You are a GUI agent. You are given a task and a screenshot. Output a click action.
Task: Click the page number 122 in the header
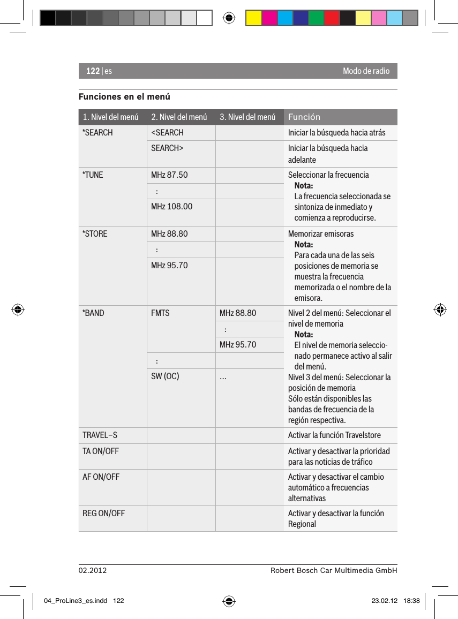coord(93,71)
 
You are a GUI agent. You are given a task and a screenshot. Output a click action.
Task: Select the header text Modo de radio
coord(366,71)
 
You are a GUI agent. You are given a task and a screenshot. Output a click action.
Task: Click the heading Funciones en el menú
coord(124,97)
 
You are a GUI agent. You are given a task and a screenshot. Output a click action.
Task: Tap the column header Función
coord(304,117)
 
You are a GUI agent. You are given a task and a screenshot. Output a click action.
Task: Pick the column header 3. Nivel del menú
coord(247,117)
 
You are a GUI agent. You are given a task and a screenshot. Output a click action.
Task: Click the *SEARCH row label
coord(97,132)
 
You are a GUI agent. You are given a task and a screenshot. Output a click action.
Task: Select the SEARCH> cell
coord(167,148)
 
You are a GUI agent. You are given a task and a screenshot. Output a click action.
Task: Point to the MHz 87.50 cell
coord(169,175)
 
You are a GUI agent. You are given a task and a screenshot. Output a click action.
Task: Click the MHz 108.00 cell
coord(172,206)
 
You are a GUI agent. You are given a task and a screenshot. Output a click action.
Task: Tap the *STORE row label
coord(95,233)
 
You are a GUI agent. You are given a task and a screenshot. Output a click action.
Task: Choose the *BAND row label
coord(93,313)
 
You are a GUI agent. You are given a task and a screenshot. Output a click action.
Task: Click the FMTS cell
coord(160,313)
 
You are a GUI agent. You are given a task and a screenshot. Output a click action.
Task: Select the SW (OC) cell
coord(165,376)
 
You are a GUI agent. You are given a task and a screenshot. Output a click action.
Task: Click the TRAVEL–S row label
coord(100,435)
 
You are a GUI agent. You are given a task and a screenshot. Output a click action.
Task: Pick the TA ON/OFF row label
coord(101,451)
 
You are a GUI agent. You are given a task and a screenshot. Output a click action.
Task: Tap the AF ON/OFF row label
coord(101,477)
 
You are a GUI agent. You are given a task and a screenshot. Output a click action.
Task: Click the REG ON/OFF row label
coord(103,513)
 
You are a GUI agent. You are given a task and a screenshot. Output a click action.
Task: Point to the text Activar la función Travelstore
coord(334,435)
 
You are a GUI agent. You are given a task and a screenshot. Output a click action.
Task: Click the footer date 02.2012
coord(93,570)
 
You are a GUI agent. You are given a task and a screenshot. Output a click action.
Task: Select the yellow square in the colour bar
coord(253,18)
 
